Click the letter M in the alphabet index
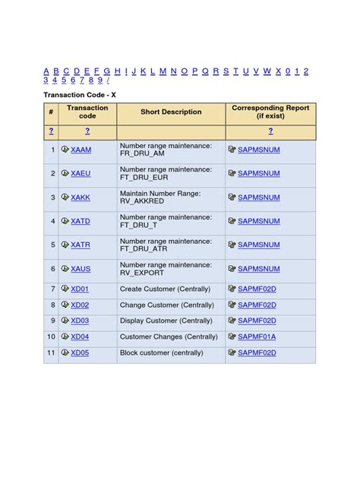(163, 71)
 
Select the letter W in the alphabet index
(267, 71)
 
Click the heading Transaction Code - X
(80, 95)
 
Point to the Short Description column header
(171, 112)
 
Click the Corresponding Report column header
(270, 112)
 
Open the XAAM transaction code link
(81, 150)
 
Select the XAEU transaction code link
(81, 174)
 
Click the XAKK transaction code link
(81, 197)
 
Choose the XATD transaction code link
(81, 222)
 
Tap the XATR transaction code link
(81, 245)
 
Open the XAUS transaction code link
(81, 269)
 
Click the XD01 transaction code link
(80, 289)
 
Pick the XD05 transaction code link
(80, 353)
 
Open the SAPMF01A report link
(257, 337)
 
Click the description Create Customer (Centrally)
(166, 289)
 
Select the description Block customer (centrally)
(161, 353)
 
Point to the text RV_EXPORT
(141, 273)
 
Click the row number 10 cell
(52, 337)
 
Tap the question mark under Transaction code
(87, 131)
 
